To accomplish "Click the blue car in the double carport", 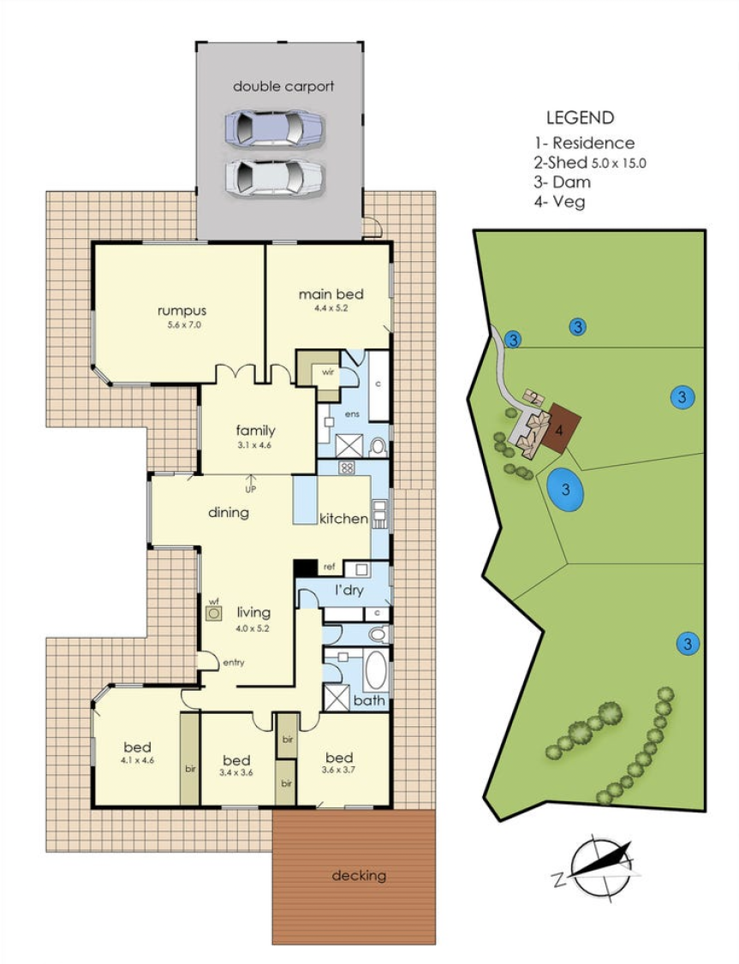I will [x=274, y=129].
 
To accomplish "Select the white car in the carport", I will [x=274, y=177].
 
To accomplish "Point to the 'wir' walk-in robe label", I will [x=326, y=372].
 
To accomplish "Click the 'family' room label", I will [x=254, y=431].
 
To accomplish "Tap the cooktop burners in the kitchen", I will [x=348, y=468].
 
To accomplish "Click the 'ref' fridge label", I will [x=328, y=567].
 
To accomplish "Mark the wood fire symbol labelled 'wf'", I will [x=214, y=613].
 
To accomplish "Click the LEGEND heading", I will [x=580, y=118].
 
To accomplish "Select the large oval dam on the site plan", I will [x=565, y=490].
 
